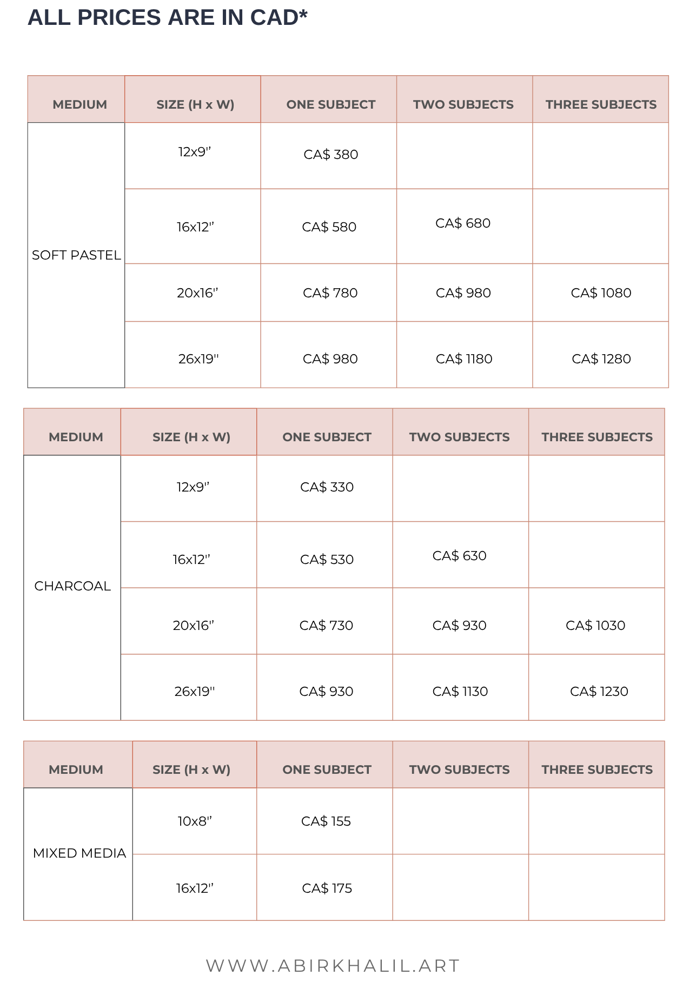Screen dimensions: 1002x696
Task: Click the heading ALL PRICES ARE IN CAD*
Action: [x=167, y=18]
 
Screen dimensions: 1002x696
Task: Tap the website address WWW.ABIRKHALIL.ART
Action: [x=333, y=965]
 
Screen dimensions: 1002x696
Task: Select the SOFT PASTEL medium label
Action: [x=76, y=255]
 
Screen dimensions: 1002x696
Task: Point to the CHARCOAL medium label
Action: [x=72, y=586]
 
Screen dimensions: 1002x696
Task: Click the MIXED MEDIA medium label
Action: [x=79, y=853]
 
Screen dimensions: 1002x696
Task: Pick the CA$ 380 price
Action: [x=330, y=155]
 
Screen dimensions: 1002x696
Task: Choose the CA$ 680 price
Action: [x=463, y=223]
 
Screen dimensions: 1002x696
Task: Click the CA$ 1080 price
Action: [x=601, y=293]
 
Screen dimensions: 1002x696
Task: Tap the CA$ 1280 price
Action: [x=601, y=359]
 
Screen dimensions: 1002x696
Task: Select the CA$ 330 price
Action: [x=327, y=487]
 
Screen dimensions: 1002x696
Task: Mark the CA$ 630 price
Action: [x=459, y=556]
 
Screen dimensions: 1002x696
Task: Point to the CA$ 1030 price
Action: [x=595, y=626]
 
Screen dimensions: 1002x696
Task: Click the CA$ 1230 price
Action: [x=599, y=692]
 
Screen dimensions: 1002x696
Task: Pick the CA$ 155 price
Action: [x=326, y=821]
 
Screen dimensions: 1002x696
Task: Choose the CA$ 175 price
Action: [x=327, y=888]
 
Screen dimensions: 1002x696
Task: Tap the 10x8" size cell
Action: [x=195, y=821]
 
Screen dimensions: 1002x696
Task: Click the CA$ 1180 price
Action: [x=464, y=359]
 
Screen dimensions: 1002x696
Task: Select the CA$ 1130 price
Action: [x=460, y=692]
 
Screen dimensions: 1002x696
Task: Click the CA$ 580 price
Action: [x=329, y=227]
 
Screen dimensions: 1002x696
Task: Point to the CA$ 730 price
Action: [x=326, y=626]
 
